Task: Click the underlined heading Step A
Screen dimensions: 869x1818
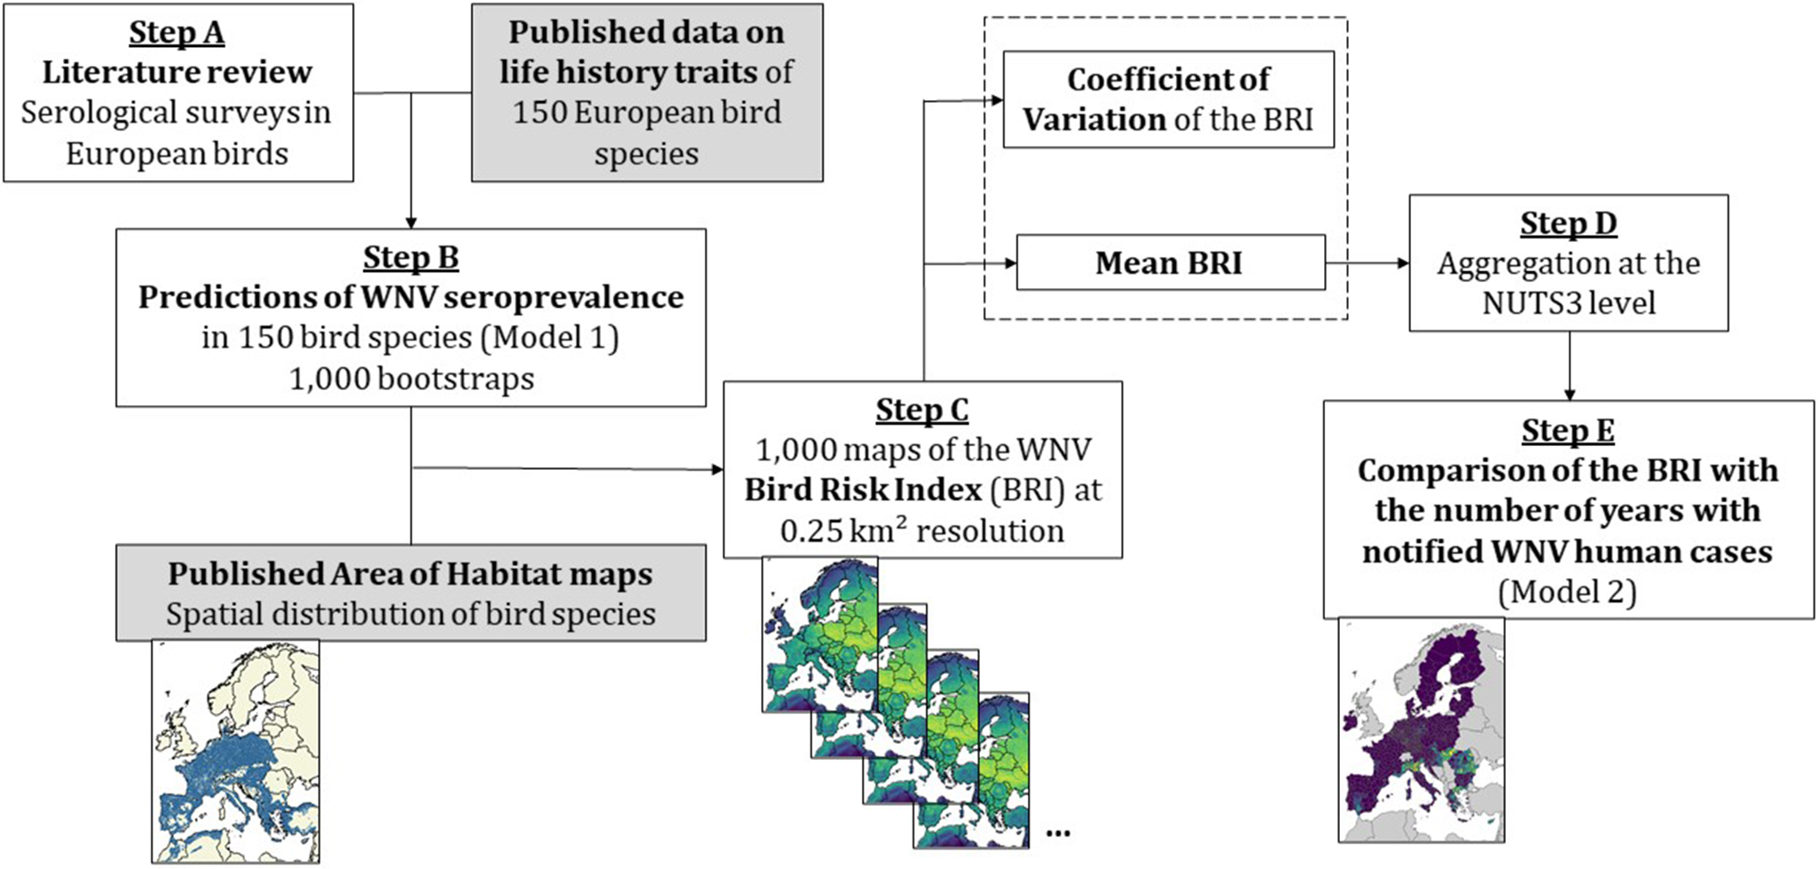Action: tap(176, 33)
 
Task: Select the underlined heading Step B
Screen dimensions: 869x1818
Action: tap(411, 257)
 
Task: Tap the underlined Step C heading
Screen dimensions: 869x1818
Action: tap(922, 410)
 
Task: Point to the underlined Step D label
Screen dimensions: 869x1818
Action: tap(1568, 223)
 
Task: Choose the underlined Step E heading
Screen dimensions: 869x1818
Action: tap(1568, 430)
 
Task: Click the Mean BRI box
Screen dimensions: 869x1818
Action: tap(1169, 262)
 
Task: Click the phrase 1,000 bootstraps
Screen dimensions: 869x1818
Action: tap(411, 379)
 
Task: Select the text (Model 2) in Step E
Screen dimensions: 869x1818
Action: tap(1567, 591)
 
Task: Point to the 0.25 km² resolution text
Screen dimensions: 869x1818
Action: tap(922, 531)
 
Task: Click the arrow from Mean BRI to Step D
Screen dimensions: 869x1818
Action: tap(1367, 262)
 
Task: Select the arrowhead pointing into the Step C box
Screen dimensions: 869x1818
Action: tap(717, 469)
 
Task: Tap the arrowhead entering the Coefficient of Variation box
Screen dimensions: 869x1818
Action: tap(996, 100)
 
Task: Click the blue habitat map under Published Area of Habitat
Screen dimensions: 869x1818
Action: tap(236, 752)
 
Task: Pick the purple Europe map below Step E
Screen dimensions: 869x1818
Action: tap(1421, 730)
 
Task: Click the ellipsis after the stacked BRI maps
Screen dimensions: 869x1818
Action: tap(1058, 833)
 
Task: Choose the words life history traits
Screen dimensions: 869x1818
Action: tap(628, 72)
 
